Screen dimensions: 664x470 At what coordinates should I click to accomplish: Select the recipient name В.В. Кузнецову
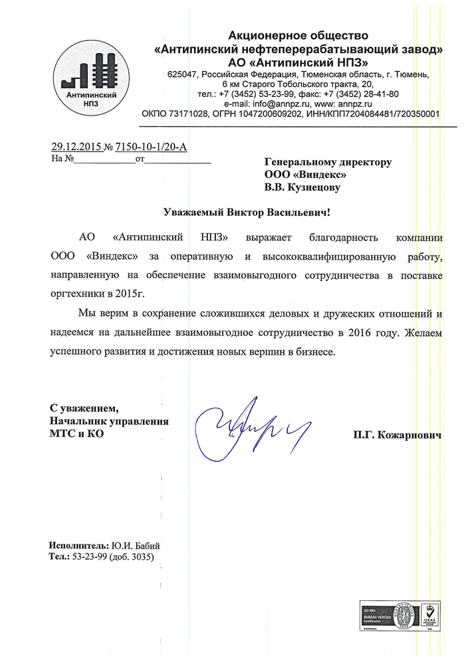point(302,188)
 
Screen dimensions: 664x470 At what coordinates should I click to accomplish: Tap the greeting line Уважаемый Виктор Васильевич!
point(246,213)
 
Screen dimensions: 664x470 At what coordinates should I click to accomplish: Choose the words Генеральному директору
point(328,161)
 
